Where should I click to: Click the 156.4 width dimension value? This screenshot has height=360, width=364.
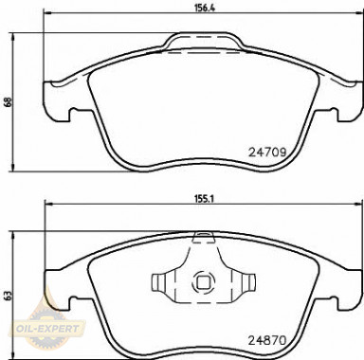pyautogui.click(x=200, y=9)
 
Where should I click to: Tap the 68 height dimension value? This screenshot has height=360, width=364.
pyautogui.click(x=9, y=103)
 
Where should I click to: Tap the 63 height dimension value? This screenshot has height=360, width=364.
pyautogui.click(x=9, y=296)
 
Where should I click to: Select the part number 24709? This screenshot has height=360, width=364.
pyautogui.click(x=267, y=153)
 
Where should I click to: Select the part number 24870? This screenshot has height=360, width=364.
pyautogui.click(x=267, y=340)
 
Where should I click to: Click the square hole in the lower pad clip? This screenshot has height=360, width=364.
pyautogui.click(x=202, y=281)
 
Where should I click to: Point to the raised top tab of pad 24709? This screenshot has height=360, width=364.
pyautogui.click(x=202, y=41)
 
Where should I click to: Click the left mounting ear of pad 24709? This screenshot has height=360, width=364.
pyautogui.click(x=56, y=101)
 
